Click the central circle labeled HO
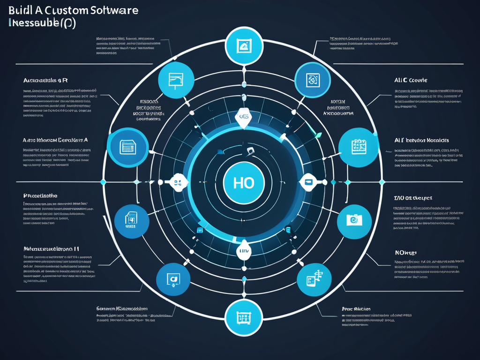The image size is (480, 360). point(244,182)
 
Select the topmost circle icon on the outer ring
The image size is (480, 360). point(244,46)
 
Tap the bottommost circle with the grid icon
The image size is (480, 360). point(244,318)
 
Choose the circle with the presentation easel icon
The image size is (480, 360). point(176,80)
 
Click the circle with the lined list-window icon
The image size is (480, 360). point(125,147)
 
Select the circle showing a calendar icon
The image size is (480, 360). point(359,147)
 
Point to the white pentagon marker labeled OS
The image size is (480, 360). point(244,117)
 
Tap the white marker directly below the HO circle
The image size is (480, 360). point(244,250)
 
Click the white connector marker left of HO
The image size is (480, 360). point(177,182)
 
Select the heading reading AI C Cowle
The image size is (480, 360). point(411,80)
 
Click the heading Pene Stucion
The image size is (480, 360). point(356,309)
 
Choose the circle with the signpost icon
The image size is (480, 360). point(314,279)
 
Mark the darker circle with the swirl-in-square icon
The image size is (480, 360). point(312,80)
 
